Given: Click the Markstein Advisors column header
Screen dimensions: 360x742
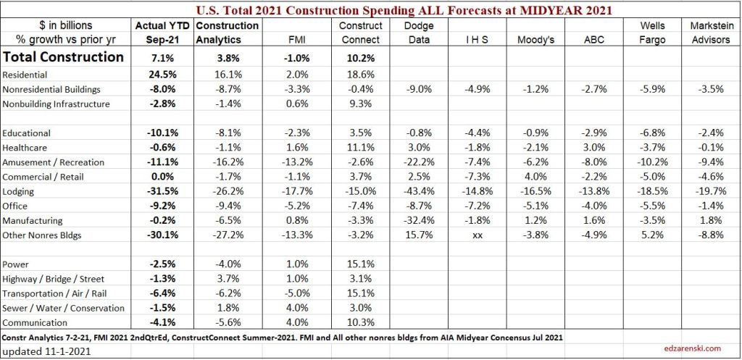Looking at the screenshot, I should [x=709, y=33].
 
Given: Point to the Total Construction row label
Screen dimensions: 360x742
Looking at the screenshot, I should [x=64, y=57].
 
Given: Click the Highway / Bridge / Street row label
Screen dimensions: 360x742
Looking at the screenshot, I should [x=54, y=279].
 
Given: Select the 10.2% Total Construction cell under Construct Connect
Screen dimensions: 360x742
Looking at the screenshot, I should [x=356, y=57].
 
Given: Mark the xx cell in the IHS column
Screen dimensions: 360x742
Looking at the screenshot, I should [x=476, y=235].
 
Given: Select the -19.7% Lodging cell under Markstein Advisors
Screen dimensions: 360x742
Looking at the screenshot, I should [x=709, y=191].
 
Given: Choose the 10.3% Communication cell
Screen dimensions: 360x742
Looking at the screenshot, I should [x=356, y=322].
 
